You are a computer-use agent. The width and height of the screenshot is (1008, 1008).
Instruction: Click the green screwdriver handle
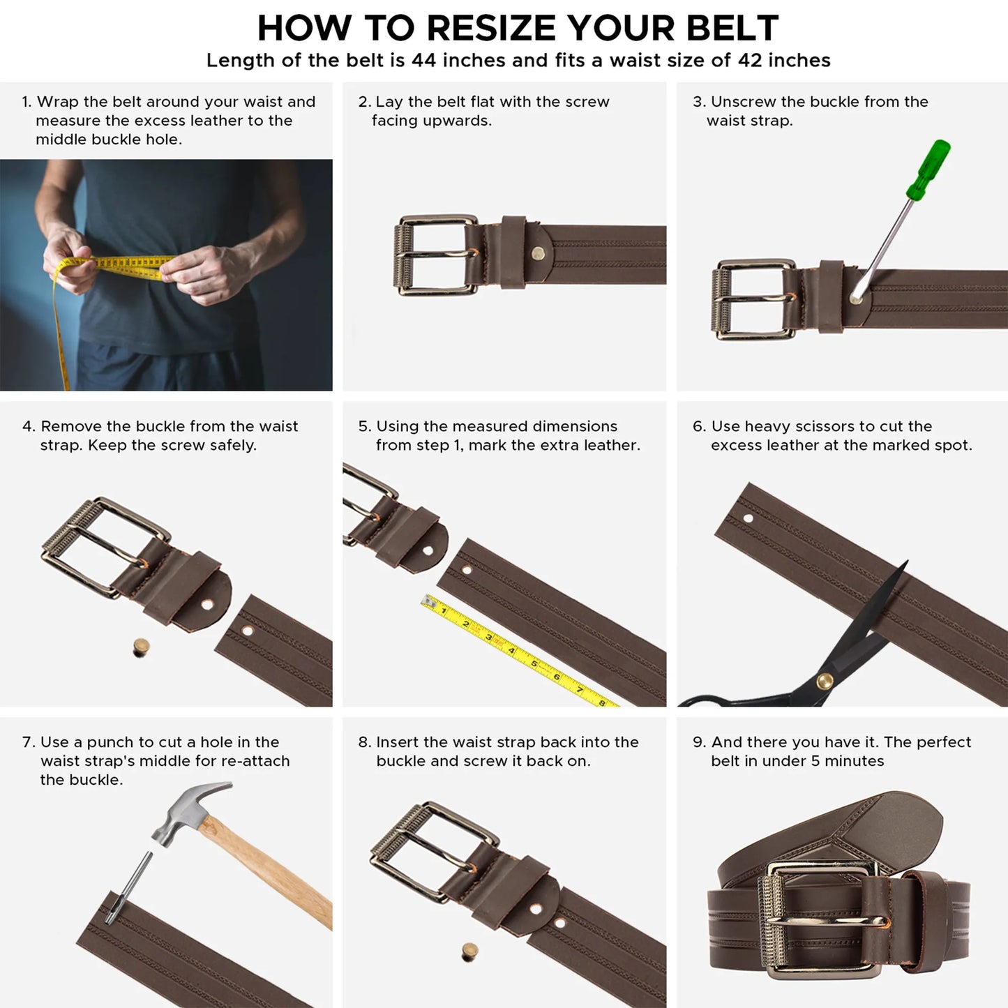tap(928, 170)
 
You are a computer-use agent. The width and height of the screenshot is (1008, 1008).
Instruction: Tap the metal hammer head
tap(185, 813)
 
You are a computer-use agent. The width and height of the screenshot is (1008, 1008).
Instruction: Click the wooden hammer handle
tap(272, 872)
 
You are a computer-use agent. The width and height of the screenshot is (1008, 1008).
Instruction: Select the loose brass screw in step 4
tap(141, 647)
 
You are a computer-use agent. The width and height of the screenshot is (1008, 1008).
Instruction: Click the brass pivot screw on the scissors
tap(825, 680)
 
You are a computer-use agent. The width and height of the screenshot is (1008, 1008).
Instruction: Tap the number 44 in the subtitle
tap(424, 61)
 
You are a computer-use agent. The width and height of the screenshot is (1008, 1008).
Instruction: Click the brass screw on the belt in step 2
tap(538, 253)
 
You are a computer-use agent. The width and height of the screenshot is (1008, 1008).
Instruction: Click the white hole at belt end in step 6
tap(749, 518)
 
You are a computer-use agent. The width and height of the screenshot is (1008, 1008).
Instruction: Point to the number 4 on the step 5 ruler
tap(511, 651)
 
